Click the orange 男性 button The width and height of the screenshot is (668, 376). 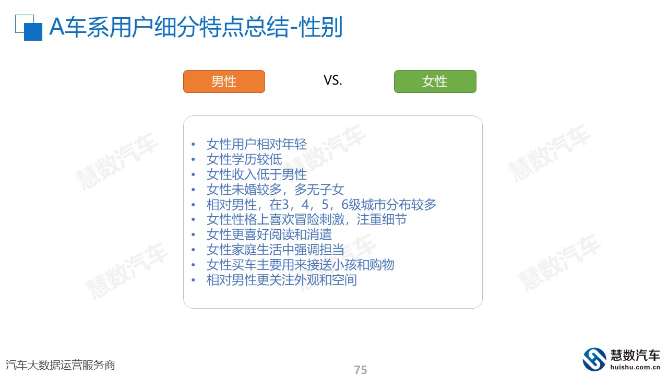(x=224, y=81)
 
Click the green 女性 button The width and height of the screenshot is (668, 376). (x=435, y=81)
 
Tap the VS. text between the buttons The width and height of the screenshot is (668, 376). (x=333, y=80)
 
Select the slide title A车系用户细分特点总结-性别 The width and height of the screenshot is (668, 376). (x=196, y=27)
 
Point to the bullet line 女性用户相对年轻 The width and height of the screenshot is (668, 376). (x=256, y=144)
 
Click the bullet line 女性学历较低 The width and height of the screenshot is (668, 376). (x=244, y=159)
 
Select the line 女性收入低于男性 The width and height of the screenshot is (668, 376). (x=256, y=174)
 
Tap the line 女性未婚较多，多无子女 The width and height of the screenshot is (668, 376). (x=275, y=190)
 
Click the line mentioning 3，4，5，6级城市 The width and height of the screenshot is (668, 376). (x=321, y=205)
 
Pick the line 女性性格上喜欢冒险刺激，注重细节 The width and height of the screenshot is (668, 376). (x=306, y=220)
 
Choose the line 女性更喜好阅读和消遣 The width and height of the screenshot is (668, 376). (x=269, y=234)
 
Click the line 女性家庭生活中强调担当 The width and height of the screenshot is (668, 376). (x=275, y=250)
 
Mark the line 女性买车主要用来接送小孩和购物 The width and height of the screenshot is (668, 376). (x=300, y=265)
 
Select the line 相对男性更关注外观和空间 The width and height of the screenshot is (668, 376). (x=281, y=280)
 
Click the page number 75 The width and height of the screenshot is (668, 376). (x=361, y=370)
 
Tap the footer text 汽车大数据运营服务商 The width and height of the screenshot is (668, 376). (x=60, y=365)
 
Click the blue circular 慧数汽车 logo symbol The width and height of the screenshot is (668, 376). (x=594, y=359)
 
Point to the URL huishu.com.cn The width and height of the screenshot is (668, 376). (x=635, y=367)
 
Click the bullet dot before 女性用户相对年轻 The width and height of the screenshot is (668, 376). (x=193, y=145)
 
